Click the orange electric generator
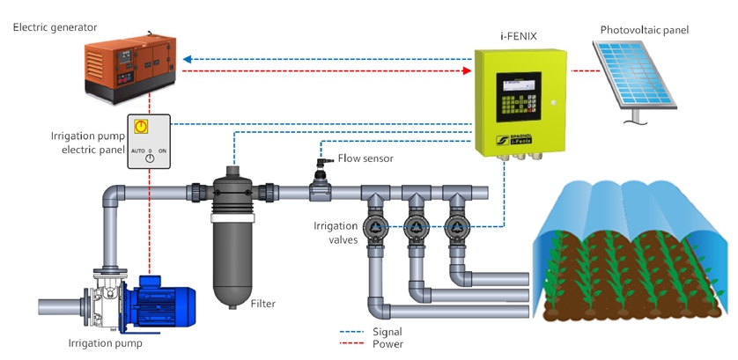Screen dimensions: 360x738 coord(130,66)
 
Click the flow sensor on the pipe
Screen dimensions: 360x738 coord(321,187)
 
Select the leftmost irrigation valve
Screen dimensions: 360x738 coord(376,227)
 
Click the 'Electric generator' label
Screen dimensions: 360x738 coord(55,27)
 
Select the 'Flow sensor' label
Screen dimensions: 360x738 coord(365,159)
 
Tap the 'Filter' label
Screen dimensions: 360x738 coord(262,304)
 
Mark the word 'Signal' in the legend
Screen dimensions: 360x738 coord(387,331)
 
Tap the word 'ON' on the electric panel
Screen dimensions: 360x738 coord(163,151)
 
